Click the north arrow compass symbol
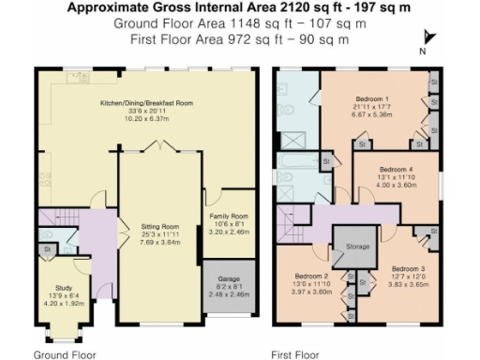click(x=429, y=39)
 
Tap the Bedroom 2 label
click(x=310, y=277)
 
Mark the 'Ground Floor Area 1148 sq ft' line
click(x=202, y=23)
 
